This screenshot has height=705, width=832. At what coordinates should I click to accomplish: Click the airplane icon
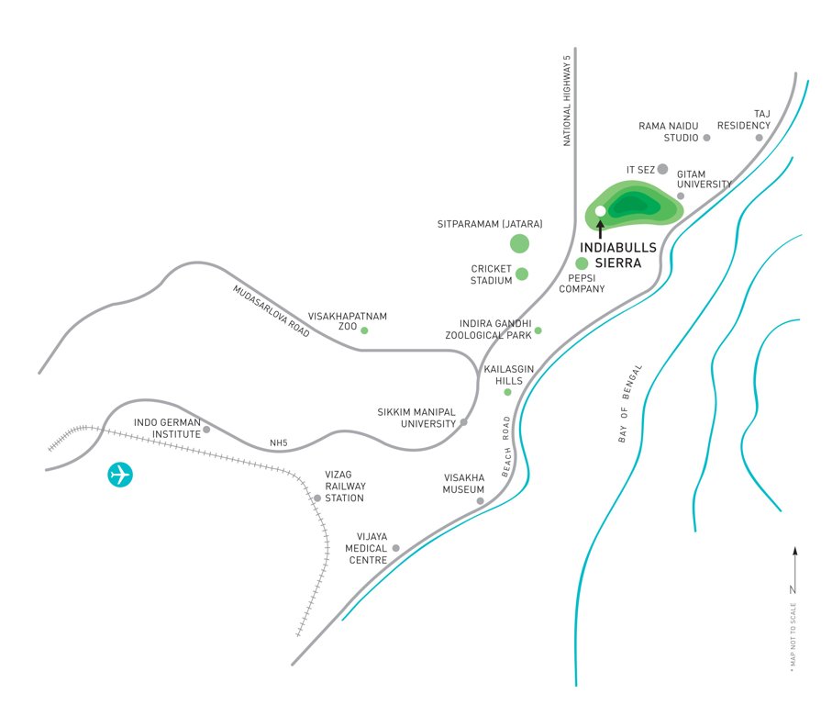(120, 475)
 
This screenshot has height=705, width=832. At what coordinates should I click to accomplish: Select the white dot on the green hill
(600, 211)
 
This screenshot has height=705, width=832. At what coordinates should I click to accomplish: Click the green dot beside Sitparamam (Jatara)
(519, 243)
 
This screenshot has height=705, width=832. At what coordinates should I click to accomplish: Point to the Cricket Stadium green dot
(522, 274)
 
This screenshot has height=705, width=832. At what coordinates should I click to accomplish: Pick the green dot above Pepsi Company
(582, 263)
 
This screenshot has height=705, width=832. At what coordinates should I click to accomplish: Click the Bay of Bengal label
(630, 404)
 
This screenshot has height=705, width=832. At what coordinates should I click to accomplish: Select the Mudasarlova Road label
(272, 312)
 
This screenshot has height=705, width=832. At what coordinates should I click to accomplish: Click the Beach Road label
(505, 446)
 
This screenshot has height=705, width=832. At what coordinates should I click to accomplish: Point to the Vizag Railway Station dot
(317, 498)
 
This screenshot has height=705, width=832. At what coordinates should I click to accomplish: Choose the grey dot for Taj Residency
(759, 138)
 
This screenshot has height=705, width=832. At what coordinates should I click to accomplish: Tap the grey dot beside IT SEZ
(662, 169)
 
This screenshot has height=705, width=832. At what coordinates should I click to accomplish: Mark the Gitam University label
(704, 179)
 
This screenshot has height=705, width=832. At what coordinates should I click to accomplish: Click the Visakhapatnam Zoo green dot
(364, 330)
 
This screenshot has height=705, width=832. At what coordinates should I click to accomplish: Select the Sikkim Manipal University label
(416, 418)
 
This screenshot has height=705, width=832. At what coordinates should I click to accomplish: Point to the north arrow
(794, 569)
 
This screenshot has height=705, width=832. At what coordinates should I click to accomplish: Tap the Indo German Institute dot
(206, 429)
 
